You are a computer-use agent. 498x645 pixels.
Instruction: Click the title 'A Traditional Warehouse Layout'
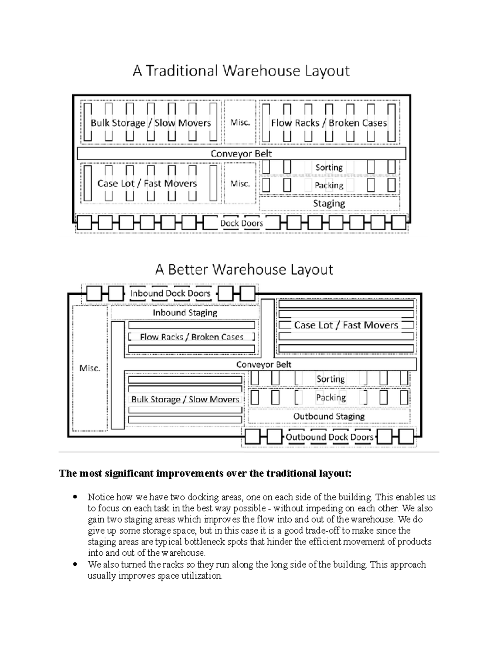(x=241, y=71)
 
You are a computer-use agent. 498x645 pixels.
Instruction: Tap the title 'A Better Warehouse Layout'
(x=244, y=270)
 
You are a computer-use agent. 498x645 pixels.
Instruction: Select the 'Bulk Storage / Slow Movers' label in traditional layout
(x=151, y=123)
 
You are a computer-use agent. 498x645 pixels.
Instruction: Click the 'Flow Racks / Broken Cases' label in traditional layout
(x=329, y=123)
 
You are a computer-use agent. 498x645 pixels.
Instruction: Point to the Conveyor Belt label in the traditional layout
(x=241, y=154)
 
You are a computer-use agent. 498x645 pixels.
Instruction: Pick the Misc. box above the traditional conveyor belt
(x=240, y=123)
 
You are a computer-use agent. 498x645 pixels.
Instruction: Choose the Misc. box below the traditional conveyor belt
(x=240, y=184)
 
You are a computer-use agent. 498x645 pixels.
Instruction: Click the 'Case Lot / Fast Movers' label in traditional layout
(x=147, y=184)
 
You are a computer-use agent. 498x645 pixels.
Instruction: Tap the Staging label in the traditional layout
(x=329, y=204)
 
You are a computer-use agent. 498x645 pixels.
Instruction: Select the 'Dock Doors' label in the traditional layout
(x=242, y=223)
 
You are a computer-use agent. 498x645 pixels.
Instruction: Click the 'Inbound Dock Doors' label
(x=170, y=294)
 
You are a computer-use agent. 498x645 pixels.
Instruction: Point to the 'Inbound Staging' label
(x=185, y=313)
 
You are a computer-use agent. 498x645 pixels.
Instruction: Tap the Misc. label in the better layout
(x=90, y=368)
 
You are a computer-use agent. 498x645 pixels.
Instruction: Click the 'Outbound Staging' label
(x=329, y=417)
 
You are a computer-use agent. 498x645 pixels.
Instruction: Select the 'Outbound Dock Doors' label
(x=330, y=437)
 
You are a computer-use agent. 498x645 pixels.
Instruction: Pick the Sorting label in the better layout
(x=330, y=379)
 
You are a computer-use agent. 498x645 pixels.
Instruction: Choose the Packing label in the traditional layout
(x=329, y=186)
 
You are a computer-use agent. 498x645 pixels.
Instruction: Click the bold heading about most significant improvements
(x=205, y=473)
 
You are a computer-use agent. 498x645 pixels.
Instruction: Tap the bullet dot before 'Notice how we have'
(x=75, y=497)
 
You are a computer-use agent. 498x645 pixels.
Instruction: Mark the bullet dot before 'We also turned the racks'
(x=75, y=564)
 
